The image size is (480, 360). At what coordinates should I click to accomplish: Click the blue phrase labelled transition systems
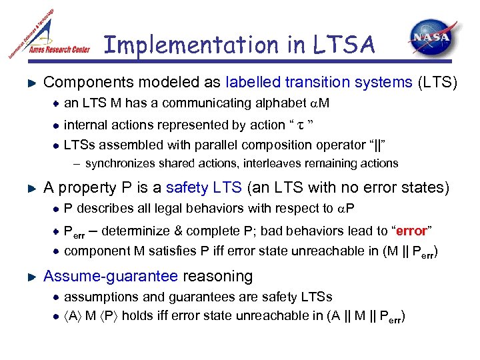click(x=319, y=83)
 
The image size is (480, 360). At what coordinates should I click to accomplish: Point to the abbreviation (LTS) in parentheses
click(x=437, y=83)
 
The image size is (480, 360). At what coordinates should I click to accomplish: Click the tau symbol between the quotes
click(x=300, y=125)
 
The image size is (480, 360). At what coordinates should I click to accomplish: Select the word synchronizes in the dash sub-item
click(x=119, y=163)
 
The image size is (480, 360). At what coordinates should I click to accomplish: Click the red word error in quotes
click(x=411, y=231)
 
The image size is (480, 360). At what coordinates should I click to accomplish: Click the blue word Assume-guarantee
click(x=110, y=276)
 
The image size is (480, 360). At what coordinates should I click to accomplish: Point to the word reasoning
click(x=218, y=276)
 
